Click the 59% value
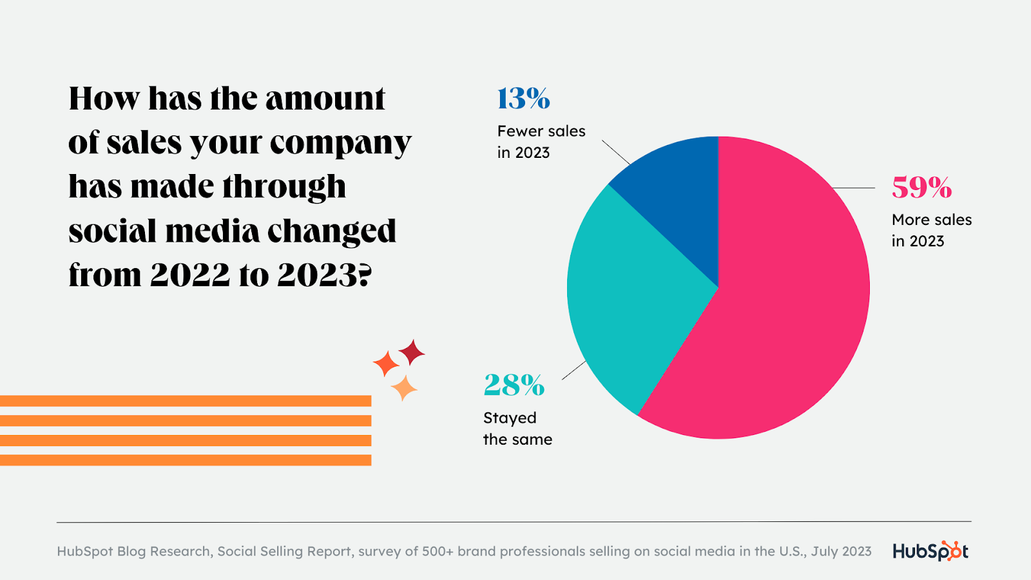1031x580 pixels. tap(921, 188)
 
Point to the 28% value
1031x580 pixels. tap(514, 385)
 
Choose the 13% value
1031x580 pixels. tap(523, 99)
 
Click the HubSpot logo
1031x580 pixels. tap(930, 551)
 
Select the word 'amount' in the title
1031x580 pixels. tap(325, 99)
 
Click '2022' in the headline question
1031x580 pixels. tap(190, 275)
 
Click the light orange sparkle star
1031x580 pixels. tap(404, 388)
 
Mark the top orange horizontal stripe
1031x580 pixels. tap(186, 401)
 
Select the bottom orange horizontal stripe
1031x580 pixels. tap(186, 460)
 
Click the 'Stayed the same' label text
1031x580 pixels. tap(517, 429)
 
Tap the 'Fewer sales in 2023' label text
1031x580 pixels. tap(541, 142)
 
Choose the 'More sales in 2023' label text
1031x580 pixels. tap(931, 230)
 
